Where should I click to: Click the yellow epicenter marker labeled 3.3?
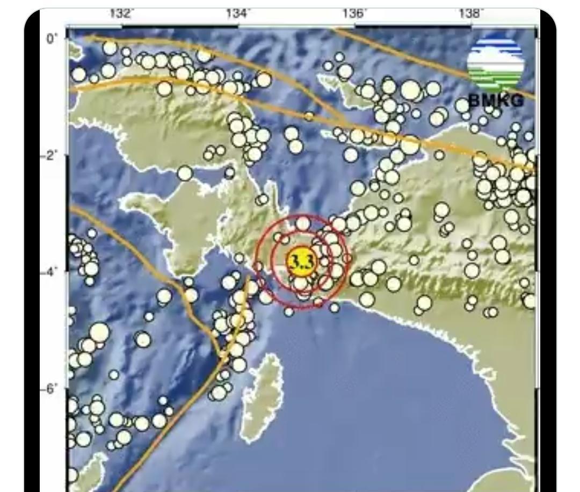point(302,262)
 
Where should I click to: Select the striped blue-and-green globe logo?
point(495,63)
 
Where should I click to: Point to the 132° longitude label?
point(121,13)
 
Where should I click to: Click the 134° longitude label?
point(238,13)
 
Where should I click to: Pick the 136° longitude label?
point(354,13)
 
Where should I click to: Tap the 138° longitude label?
point(470,13)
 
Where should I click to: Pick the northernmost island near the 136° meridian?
point(344,86)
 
